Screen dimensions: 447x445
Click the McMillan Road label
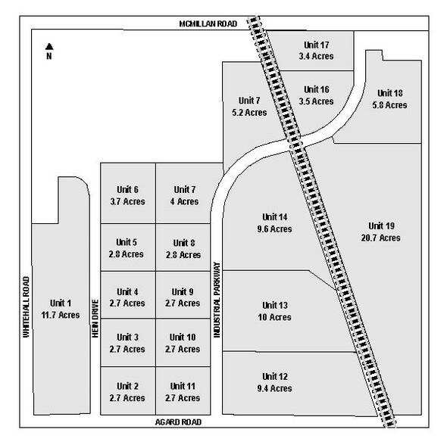click(208, 23)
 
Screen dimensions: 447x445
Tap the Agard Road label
click(178, 422)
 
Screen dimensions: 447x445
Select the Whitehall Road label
click(27, 307)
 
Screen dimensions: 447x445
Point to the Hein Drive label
click(95, 319)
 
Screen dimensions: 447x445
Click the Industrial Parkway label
click(217, 300)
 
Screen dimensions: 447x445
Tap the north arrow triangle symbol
click(49, 46)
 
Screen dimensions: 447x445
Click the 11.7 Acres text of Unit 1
click(61, 315)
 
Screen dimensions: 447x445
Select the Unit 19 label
click(381, 226)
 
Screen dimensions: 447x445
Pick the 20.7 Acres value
click(381, 238)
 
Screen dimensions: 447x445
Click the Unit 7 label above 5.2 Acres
click(249, 101)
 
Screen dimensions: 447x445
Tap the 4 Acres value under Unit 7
click(184, 201)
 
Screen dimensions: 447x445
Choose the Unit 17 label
click(317, 45)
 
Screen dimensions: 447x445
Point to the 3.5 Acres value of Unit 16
click(316, 101)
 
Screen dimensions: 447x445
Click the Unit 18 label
click(390, 93)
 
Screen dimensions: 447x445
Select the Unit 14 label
click(275, 217)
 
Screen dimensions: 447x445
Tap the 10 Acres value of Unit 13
click(274, 317)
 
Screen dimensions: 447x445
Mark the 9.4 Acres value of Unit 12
click(274, 388)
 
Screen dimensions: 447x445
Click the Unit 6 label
click(128, 190)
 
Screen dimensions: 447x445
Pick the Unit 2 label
click(128, 386)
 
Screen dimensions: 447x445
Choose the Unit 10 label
click(183, 337)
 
